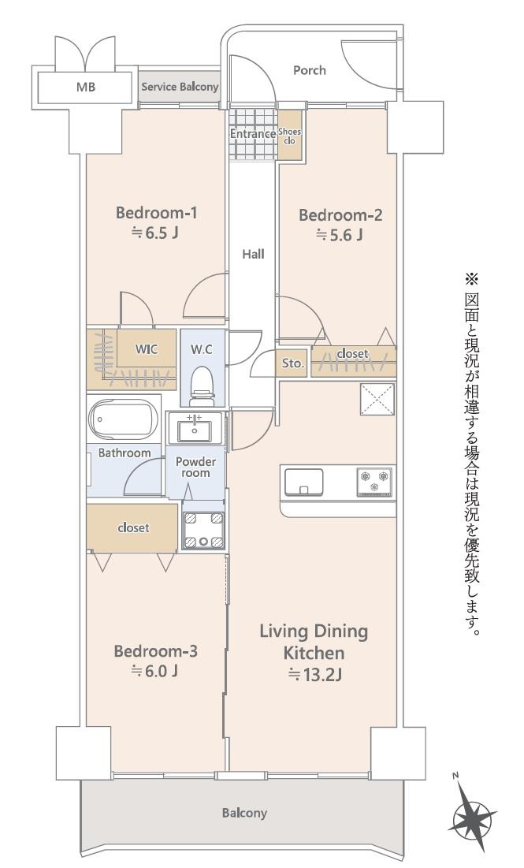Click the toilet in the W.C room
click(x=203, y=382)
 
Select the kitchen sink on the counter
click(x=304, y=481)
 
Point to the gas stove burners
click(x=374, y=480)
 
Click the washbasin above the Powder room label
click(x=194, y=430)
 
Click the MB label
click(x=85, y=88)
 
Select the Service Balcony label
click(x=180, y=87)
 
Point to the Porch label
click(x=310, y=70)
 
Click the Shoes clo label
click(x=289, y=136)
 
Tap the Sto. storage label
click(x=293, y=363)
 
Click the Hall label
click(x=253, y=254)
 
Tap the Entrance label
click(x=252, y=134)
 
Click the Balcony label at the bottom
click(x=244, y=813)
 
